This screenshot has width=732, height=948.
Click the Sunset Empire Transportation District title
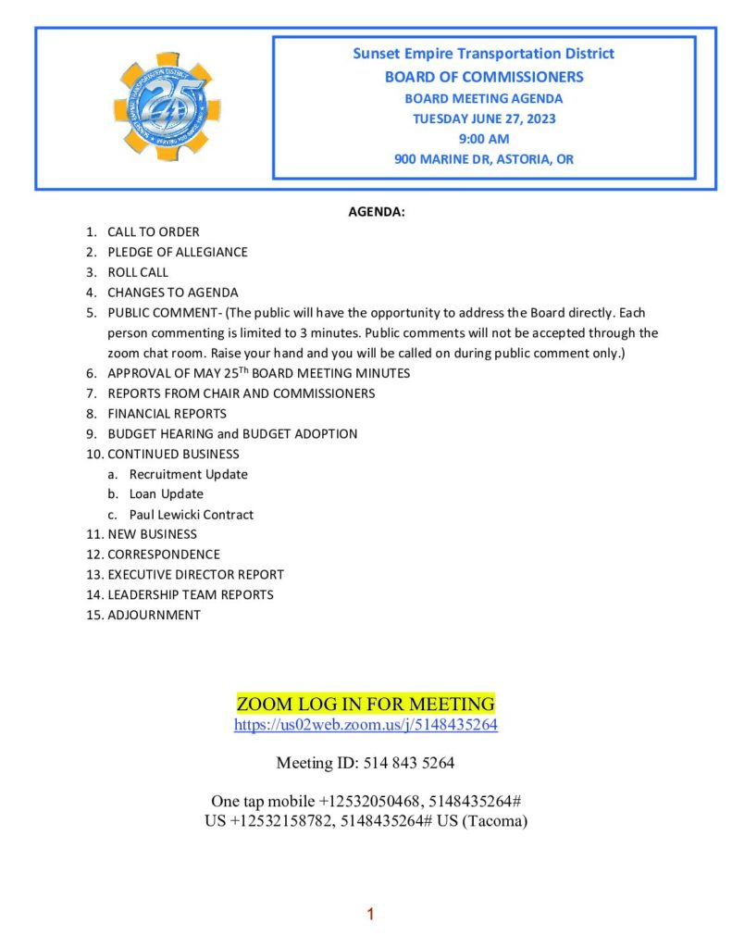483,54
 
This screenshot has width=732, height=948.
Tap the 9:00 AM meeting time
484,139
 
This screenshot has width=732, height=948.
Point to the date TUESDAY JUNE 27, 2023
484,118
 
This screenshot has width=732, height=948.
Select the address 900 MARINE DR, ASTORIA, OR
484,159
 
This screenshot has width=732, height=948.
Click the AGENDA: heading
377,212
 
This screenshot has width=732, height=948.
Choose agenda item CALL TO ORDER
153,232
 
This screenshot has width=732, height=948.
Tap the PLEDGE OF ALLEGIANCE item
177,252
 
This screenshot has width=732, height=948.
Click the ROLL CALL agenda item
138,272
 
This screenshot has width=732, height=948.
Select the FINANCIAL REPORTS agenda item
167,414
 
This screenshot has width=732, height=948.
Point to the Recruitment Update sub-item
188,474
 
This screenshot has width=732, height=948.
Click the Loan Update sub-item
166,494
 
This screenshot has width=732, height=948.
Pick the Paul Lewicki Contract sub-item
191,515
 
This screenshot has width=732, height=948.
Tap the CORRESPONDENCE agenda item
163,555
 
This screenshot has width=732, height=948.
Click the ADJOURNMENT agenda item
154,615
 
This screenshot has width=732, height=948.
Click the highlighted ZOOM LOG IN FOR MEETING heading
366,703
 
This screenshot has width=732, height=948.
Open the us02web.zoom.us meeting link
366,725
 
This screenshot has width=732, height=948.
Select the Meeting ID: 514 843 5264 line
366,764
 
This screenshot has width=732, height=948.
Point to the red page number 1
370,915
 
